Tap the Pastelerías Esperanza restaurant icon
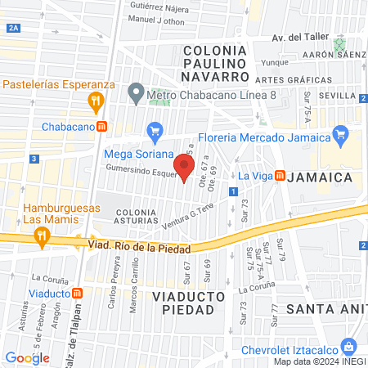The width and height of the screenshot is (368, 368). [96, 101]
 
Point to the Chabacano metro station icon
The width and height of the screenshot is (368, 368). [101, 126]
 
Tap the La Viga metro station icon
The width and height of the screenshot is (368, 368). [280, 175]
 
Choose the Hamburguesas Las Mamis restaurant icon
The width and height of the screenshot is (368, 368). [41, 236]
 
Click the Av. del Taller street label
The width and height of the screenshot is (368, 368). [298, 38]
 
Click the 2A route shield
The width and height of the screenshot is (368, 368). [11, 28]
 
